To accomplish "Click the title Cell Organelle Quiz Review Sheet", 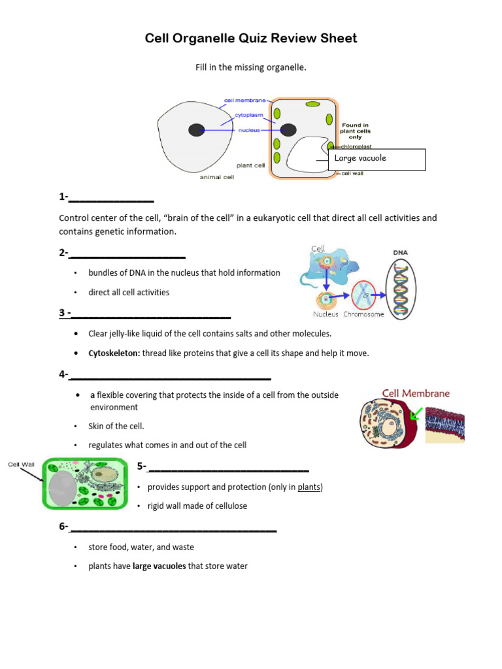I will [251, 39].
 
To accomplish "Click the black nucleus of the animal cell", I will [197, 130].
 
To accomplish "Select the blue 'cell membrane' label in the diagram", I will [244, 101].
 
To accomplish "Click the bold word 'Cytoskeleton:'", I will [114, 353].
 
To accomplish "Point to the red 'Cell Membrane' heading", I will [416, 393].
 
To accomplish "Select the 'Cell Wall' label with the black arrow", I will [20, 465].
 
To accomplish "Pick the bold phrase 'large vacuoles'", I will [159, 566].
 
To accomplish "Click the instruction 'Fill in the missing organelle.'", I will [251, 67].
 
